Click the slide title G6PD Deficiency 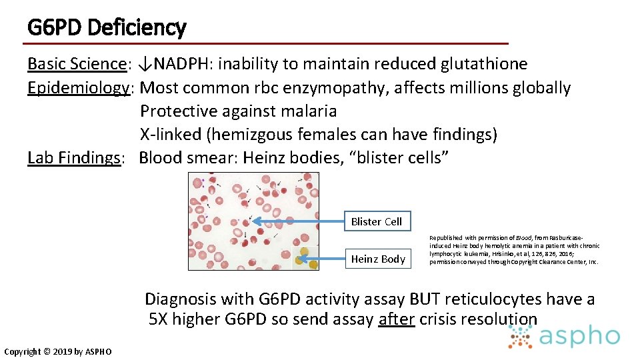(x=107, y=27)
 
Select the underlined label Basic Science (x=77, y=64)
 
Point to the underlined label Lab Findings (x=74, y=157)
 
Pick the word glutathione (x=484, y=64)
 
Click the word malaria (x=304, y=111)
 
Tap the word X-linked (x=171, y=134)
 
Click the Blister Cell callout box (x=377, y=221)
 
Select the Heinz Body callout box (x=378, y=259)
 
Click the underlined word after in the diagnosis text (x=397, y=319)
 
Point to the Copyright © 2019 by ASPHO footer (x=58, y=351)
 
